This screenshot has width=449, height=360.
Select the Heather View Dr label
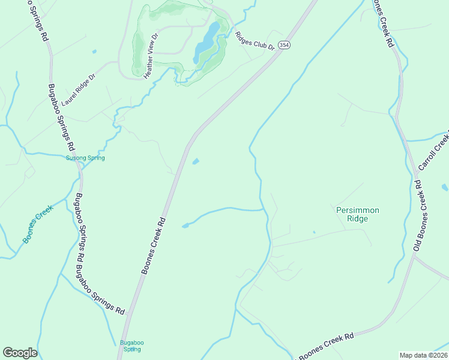150,56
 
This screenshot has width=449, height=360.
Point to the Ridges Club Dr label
255,40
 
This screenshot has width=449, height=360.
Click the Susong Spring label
85,158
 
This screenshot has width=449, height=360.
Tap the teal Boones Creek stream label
38,224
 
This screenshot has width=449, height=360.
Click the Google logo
20,352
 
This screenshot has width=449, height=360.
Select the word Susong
76,158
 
